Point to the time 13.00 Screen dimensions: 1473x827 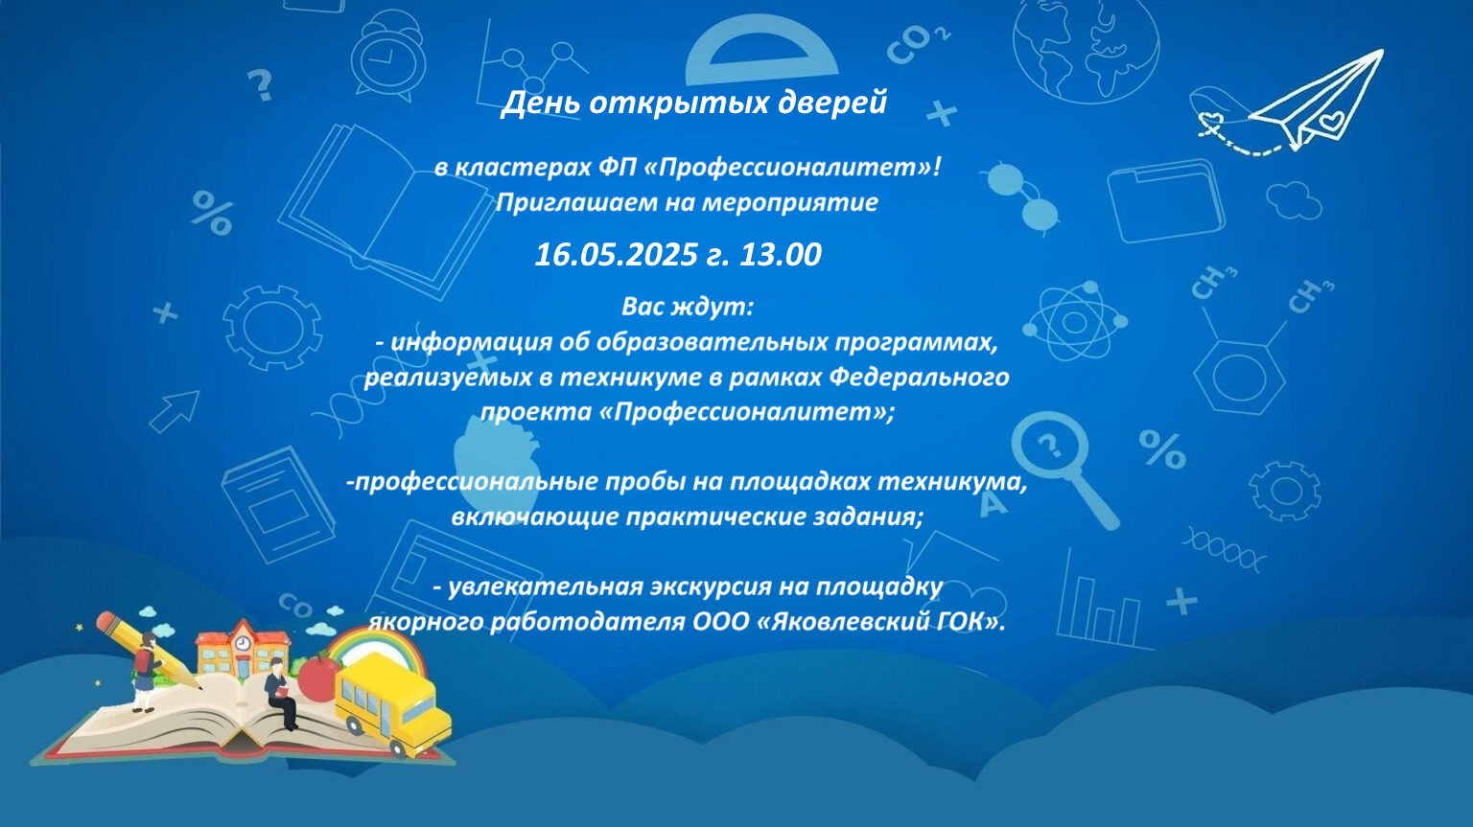click(781, 254)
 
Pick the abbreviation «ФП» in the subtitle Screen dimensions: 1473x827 click(619, 168)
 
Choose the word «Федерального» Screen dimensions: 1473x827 click(919, 377)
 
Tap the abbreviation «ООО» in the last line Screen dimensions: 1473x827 click(721, 621)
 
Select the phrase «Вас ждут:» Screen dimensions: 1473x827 click(688, 307)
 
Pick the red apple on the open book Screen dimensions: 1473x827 click(319, 676)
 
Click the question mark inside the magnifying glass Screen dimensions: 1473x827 click(1049, 446)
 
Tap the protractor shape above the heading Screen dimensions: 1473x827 click(761, 49)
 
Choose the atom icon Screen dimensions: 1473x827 click(1074, 321)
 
